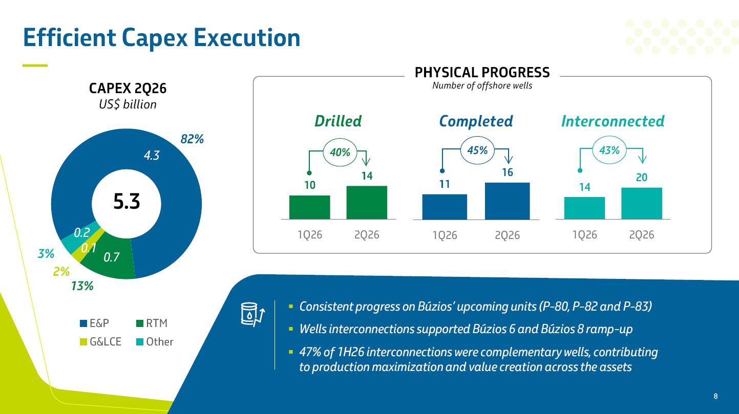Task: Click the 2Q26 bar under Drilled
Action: tap(367, 202)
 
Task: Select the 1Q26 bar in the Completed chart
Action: tap(445, 207)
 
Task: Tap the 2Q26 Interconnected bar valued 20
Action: tap(641, 203)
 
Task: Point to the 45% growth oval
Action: tap(477, 150)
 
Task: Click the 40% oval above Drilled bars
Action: tap(340, 152)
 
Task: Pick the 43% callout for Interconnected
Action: tap(609, 150)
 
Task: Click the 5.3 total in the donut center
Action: tap(126, 202)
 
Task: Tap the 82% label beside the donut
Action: tap(192, 139)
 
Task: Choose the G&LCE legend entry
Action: tap(100, 341)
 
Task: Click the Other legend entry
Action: tap(155, 341)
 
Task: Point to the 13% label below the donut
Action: tap(82, 286)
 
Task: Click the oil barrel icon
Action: tap(252, 314)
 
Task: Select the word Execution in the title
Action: tap(247, 37)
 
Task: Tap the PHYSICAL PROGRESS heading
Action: tap(482, 73)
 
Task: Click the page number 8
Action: tap(715, 396)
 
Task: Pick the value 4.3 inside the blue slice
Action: tap(152, 155)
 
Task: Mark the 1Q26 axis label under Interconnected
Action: tap(585, 235)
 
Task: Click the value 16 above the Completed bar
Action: tap(508, 172)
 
